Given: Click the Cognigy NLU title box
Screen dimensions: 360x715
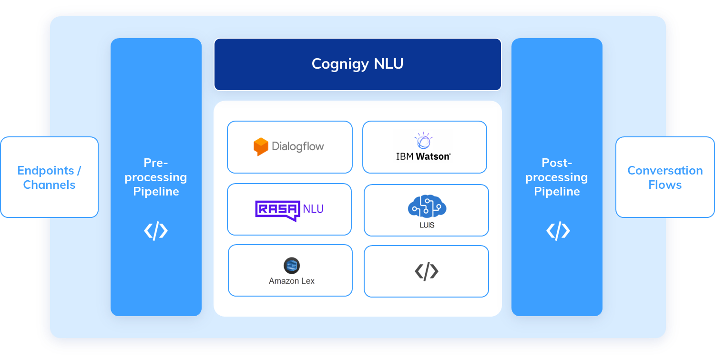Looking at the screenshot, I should click(x=357, y=64).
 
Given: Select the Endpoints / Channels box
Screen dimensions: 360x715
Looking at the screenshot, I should click(x=49, y=177).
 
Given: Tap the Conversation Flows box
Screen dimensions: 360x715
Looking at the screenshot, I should click(x=665, y=177).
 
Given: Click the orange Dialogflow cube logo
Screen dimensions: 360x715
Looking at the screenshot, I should click(x=261, y=146).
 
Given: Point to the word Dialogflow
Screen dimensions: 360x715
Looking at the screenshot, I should click(x=298, y=146).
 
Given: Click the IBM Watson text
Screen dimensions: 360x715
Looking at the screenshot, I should click(x=423, y=156).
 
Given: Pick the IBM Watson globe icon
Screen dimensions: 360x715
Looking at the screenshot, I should click(x=423, y=141).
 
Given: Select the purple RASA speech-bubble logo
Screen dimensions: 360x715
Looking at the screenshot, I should click(x=278, y=210).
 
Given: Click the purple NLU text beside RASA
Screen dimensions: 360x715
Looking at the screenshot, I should click(x=313, y=208).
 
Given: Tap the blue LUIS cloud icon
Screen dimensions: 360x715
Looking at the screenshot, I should click(x=427, y=206).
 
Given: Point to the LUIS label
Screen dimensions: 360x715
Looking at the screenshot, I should click(x=427, y=225).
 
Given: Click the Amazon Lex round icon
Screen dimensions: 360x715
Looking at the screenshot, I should click(x=291, y=266).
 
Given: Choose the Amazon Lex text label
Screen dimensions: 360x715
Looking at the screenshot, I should click(x=291, y=281).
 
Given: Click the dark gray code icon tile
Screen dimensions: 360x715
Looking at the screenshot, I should click(x=426, y=271).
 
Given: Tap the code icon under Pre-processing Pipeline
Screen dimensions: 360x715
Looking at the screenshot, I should click(x=156, y=231).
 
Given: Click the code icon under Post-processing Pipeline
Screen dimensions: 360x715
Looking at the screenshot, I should click(x=558, y=231).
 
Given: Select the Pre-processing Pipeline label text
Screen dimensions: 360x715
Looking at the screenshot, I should click(x=156, y=177).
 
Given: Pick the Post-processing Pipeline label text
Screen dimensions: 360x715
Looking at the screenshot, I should click(x=557, y=177).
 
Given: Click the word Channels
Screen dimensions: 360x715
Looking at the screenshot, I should click(x=49, y=185).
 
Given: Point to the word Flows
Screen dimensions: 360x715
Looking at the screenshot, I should click(x=665, y=185).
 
